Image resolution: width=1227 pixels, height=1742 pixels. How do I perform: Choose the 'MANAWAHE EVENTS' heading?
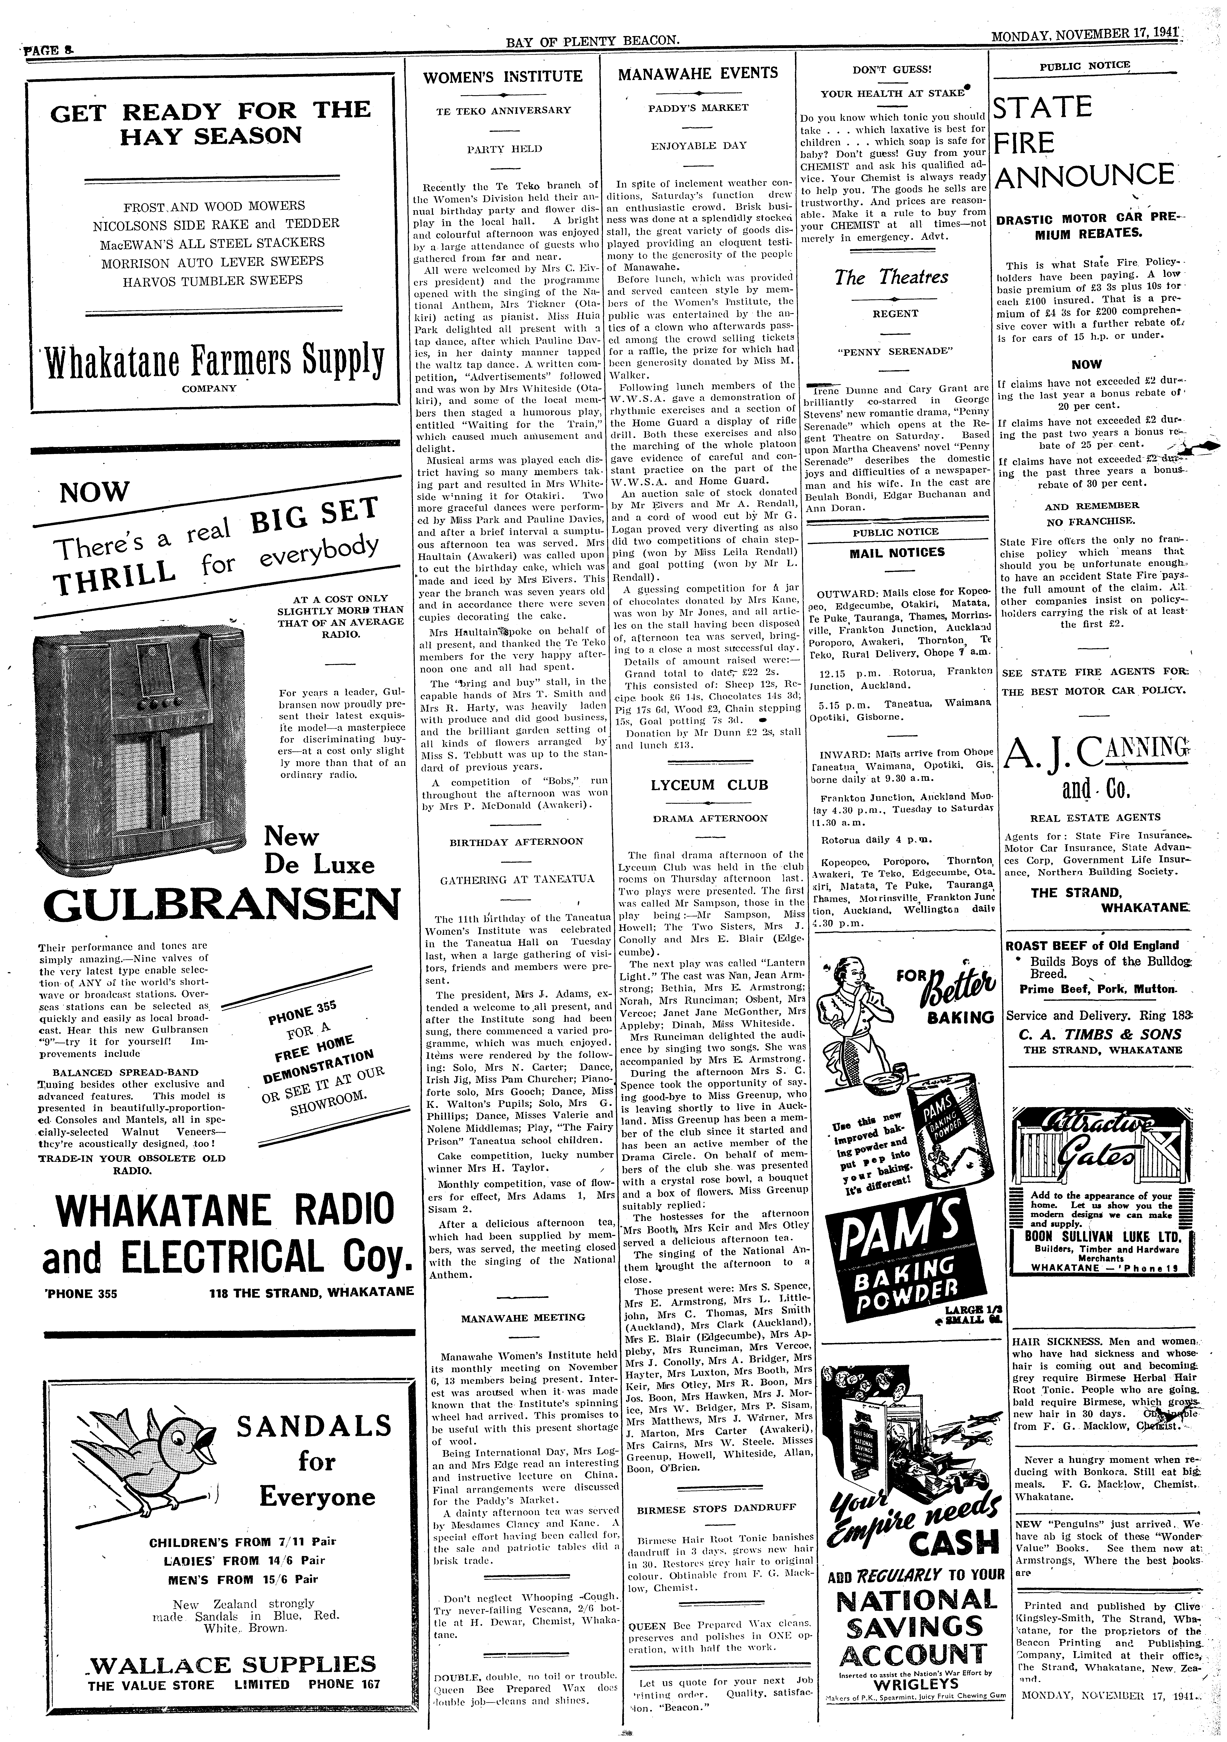click(698, 74)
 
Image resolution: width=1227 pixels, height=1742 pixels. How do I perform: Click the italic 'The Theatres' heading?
click(891, 278)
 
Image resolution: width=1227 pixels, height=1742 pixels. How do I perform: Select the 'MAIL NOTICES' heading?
click(896, 552)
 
